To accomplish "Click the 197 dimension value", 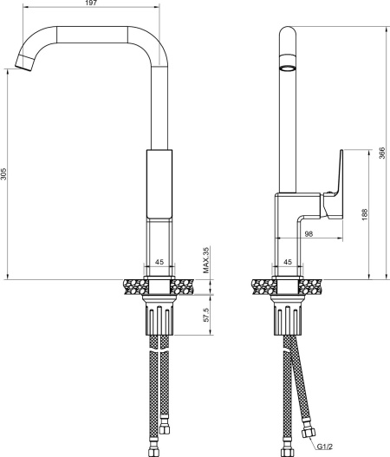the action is coord(92,3).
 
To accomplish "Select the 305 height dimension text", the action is coord(3,173).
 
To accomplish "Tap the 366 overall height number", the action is coord(382,153).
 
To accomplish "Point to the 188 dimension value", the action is coord(365,214).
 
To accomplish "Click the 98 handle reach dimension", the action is coord(309,234).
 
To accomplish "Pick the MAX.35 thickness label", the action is coord(206,260).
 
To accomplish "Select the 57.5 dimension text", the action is coord(206,315).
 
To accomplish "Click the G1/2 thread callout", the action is coord(325,447).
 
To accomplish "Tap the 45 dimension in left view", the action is coord(159,262).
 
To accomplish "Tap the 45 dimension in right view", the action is coord(288,262).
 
